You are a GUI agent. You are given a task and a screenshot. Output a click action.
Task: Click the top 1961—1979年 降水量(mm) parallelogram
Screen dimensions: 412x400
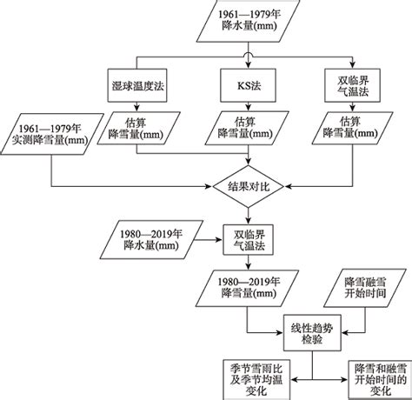pyautogui.click(x=248, y=21)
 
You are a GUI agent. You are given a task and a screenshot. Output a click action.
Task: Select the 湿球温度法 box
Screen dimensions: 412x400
pyautogui.click(x=137, y=85)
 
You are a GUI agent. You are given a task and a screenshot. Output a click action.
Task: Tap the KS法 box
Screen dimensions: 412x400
pyautogui.click(x=248, y=85)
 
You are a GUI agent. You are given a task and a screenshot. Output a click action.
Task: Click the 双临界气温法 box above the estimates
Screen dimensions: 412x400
pyautogui.click(x=352, y=85)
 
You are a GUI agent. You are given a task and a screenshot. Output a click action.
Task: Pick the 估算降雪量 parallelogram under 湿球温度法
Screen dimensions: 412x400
pyautogui.click(x=138, y=128)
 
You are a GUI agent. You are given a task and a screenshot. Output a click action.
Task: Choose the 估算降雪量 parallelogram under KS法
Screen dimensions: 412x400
pyautogui.click(x=247, y=128)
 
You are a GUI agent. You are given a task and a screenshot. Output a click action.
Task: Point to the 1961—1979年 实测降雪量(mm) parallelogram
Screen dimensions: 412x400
pyautogui.click(x=52, y=134)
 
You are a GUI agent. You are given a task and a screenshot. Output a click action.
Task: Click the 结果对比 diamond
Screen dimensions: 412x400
pyautogui.click(x=249, y=186)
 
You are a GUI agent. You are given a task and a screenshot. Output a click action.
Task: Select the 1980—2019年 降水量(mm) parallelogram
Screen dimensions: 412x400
pyautogui.click(x=151, y=240)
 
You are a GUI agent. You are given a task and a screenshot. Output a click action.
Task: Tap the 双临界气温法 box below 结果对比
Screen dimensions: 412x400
pyautogui.click(x=248, y=240)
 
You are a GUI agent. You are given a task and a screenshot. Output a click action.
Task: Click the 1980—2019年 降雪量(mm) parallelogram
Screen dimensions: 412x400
pyautogui.click(x=247, y=289)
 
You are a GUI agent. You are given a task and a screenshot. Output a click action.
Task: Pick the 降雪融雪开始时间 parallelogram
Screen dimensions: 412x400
pyautogui.click(x=365, y=288)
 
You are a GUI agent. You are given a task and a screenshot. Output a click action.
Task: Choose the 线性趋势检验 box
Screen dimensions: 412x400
pyautogui.click(x=312, y=333)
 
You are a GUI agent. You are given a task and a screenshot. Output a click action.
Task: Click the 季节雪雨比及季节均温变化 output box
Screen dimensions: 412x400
pyautogui.click(x=256, y=380)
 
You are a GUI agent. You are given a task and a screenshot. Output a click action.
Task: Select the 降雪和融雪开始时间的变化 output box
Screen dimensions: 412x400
pyautogui.click(x=380, y=380)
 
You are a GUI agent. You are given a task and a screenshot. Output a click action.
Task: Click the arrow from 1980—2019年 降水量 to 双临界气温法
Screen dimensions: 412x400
pyautogui.click(x=208, y=240)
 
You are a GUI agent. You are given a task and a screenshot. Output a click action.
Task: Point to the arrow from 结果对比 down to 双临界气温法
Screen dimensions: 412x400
pyautogui.click(x=249, y=216)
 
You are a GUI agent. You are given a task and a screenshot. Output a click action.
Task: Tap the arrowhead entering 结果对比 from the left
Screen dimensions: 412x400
pyautogui.click(x=209, y=186)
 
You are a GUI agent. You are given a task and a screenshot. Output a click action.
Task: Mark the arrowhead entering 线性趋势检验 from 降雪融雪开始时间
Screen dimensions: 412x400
pyautogui.click(x=345, y=332)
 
